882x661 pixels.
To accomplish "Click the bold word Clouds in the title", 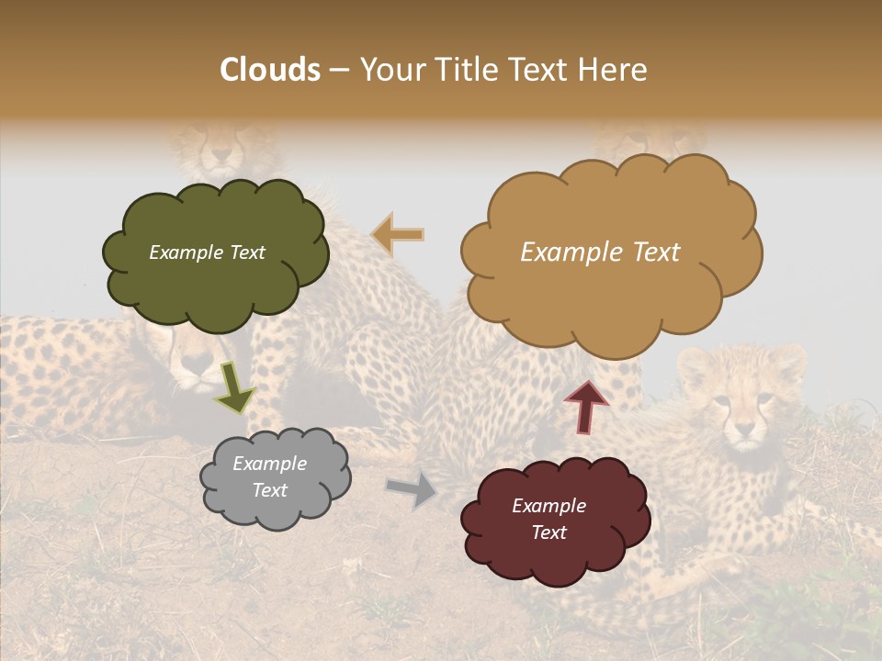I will (270, 70).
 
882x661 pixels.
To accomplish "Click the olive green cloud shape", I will (216, 275).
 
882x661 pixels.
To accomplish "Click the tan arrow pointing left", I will (398, 234).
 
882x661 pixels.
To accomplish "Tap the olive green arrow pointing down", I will (235, 387).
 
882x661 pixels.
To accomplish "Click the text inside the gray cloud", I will (270, 477).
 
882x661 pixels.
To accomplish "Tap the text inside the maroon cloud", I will (549, 519).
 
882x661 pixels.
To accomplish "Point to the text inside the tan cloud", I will (600, 252).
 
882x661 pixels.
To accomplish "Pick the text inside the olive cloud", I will (207, 252).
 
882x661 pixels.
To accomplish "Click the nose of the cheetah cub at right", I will (744, 427).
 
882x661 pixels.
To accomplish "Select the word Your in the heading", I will (390, 70).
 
